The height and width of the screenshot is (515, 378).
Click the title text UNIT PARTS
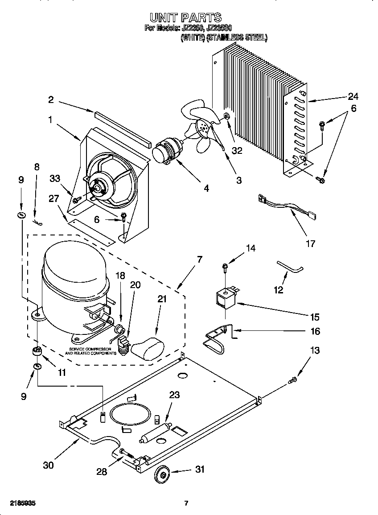click(x=185, y=17)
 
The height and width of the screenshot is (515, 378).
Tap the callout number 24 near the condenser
click(x=353, y=96)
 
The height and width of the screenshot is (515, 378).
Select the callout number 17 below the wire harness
click(x=310, y=243)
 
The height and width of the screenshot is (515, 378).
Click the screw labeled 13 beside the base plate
click(x=292, y=380)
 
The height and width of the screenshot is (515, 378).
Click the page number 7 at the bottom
click(x=186, y=503)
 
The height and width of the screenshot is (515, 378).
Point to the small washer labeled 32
click(x=226, y=117)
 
